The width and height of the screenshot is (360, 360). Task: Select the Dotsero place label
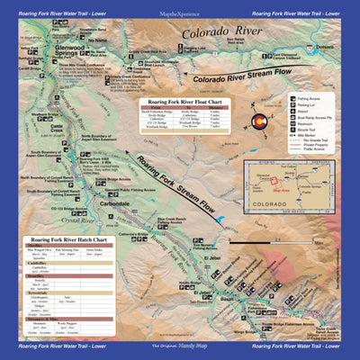point(325,47)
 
